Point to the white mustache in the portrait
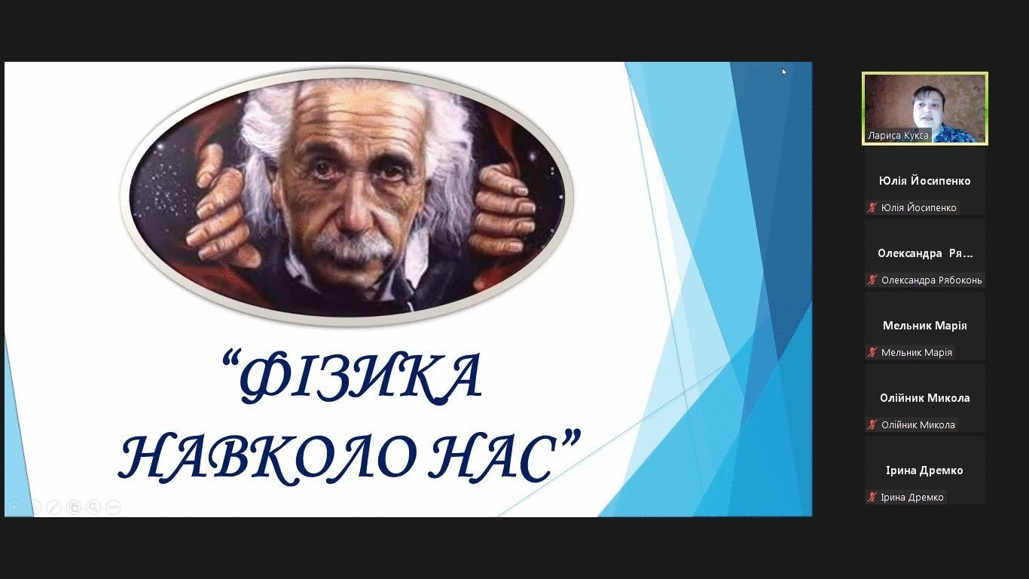[x=354, y=247]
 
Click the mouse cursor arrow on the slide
[x=784, y=72]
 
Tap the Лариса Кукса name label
[x=898, y=136]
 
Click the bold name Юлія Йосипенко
[x=924, y=181]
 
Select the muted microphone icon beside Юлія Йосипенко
[x=872, y=208]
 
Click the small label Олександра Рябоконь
[x=931, y=280]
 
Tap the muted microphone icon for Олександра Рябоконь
[x=872, y=280]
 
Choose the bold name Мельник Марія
[x=924, y=326]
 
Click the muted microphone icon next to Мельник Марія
[x=872, y=353]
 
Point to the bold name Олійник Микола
[x=924, y=398]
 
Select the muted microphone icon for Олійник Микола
[x=872, y=425]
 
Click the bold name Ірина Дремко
[x=924, y=470]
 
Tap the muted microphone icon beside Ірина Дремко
[x=872, y=497]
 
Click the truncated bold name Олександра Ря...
[x=925, y=253]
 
